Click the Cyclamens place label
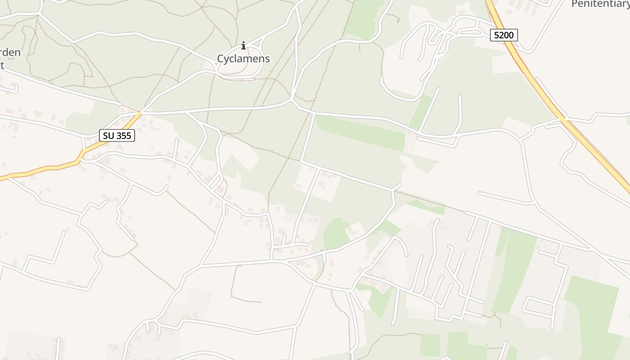(243, 58)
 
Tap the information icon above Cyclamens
(243, 45)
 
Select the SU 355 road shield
(117, 135)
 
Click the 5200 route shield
(504, 35)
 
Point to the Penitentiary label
(600, 4)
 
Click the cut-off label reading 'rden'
(10, 52)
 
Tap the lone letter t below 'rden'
(2, 65)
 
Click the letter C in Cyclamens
(220, 58)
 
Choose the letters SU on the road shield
(108, 135)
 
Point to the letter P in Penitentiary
(574, 4)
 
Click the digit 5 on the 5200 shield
(496, 35)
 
